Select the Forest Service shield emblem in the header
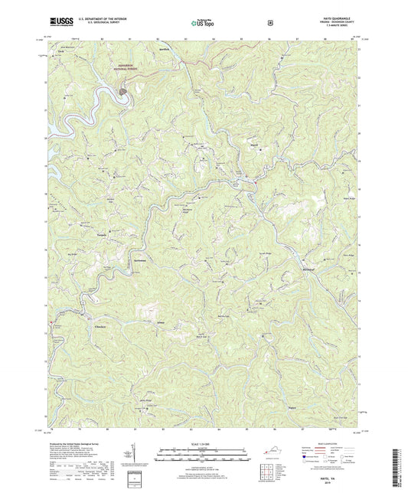(269, 23)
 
